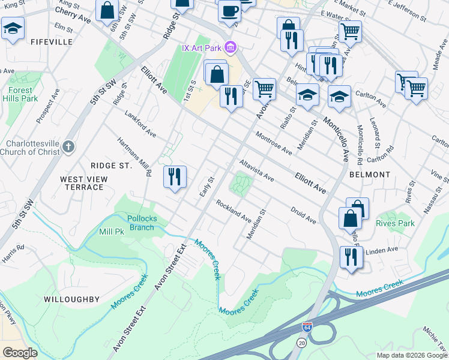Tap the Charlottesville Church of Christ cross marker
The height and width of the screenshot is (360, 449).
point(70,146)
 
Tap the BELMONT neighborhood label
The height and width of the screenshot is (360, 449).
point(370,175)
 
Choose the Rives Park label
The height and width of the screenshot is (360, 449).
point(395,223)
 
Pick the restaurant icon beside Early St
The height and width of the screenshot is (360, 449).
point(175,176)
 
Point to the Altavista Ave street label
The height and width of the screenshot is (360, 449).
point(256,170)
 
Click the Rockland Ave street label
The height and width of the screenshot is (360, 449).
point(234,209)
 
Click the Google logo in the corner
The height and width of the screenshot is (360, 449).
point(20,353)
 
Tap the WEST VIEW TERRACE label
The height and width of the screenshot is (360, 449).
point(83,183)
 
